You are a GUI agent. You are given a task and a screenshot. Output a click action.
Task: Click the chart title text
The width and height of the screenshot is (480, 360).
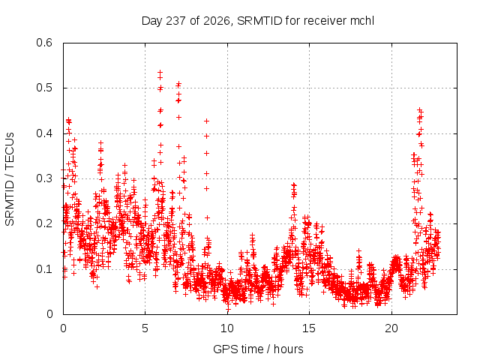258,21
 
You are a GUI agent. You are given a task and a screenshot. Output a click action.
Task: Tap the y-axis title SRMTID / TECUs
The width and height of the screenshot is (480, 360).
10,179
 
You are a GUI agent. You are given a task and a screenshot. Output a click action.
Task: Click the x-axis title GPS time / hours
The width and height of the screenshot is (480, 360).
258,349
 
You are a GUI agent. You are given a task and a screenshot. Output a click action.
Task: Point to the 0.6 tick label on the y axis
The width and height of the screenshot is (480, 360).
44,43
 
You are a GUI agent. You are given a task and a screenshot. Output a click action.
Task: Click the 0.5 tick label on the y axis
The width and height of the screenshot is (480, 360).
44,88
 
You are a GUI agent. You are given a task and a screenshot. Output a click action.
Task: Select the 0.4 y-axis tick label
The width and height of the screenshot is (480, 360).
44,133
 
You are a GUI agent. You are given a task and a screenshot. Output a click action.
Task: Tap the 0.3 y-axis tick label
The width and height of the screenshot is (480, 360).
44,178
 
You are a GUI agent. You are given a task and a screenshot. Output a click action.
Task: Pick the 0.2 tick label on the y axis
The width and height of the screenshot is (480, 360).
44,223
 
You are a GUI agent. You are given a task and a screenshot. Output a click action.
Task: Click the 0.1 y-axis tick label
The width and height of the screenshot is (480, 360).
44,269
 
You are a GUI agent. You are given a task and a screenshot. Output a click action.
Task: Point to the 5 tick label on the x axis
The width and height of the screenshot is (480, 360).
145,328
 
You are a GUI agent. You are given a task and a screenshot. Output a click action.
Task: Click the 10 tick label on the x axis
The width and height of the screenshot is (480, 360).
227,328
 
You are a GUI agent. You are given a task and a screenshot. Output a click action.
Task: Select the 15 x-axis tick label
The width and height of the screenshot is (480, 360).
309,328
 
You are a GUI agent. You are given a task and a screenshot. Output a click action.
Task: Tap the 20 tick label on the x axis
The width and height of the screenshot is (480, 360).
391,328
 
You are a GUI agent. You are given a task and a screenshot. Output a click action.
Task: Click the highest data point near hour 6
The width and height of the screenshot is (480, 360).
160,73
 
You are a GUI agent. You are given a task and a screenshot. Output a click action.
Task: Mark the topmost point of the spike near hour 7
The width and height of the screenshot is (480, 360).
179,83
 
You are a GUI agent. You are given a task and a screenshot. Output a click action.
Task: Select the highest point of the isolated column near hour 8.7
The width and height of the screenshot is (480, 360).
207,121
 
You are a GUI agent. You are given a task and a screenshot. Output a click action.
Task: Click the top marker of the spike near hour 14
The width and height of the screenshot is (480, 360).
294,184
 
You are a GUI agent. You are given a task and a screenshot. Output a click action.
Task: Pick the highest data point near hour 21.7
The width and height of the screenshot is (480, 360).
420,109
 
